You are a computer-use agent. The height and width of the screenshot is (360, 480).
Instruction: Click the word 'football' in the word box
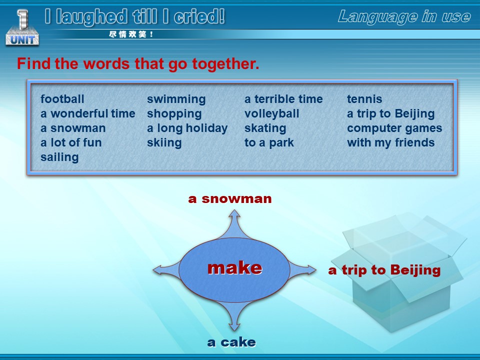(x=62, y=99)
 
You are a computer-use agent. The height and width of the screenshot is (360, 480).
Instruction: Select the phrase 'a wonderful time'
(x=88, y=113)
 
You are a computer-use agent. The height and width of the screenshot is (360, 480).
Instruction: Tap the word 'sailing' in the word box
(x=59, y=157)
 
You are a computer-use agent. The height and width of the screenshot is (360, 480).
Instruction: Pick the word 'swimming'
(x=176, y=99)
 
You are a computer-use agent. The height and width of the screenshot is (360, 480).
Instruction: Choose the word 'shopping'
(x=174, y=114)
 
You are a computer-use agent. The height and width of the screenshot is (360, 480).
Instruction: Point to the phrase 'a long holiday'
(x=187, y=128)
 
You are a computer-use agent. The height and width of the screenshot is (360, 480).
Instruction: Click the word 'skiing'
(x=164, y=143)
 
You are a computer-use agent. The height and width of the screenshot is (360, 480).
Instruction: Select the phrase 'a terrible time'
(x=283, y=99)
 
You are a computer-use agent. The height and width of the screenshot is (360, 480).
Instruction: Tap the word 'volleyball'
(x=272, y=114)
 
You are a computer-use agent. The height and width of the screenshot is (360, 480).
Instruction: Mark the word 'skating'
(x=265, y=128)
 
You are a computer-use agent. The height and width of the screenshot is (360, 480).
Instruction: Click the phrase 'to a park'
(x=269, y=142)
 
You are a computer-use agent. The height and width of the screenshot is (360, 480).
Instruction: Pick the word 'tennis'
(x=364, y=99)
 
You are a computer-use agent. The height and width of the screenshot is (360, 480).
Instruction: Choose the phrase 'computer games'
(x=394, y=128)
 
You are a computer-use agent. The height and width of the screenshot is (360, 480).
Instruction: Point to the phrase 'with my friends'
(x=391, y=142)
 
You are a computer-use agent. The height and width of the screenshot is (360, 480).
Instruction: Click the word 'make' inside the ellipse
(x=235, y=268)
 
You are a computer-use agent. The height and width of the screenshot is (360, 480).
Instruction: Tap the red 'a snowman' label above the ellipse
(x=230, y=198)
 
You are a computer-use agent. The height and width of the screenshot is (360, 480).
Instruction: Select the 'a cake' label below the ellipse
(x=231, y=342)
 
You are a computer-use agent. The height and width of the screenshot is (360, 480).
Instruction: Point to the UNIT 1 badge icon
(x=22, y=27)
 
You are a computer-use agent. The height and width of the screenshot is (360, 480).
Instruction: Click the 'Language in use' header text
(x=404, y=16)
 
